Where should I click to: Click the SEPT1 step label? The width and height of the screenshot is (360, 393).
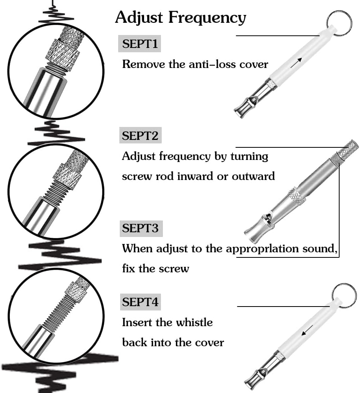(x=140, y=44)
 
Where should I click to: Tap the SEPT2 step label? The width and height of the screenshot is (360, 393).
(x=140, y=136)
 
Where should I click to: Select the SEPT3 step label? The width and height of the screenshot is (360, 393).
(x=141, y=228)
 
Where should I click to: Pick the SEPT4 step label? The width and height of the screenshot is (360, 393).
(x=141, y=302)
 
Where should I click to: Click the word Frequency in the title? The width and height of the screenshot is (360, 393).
(x=207, y=18)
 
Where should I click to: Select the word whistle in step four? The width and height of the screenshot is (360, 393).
(x=194, y=322)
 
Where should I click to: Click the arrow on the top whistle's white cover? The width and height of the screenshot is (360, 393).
(x=296, y=62)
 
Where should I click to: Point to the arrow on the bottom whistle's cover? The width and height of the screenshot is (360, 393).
(x=307, y=331)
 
